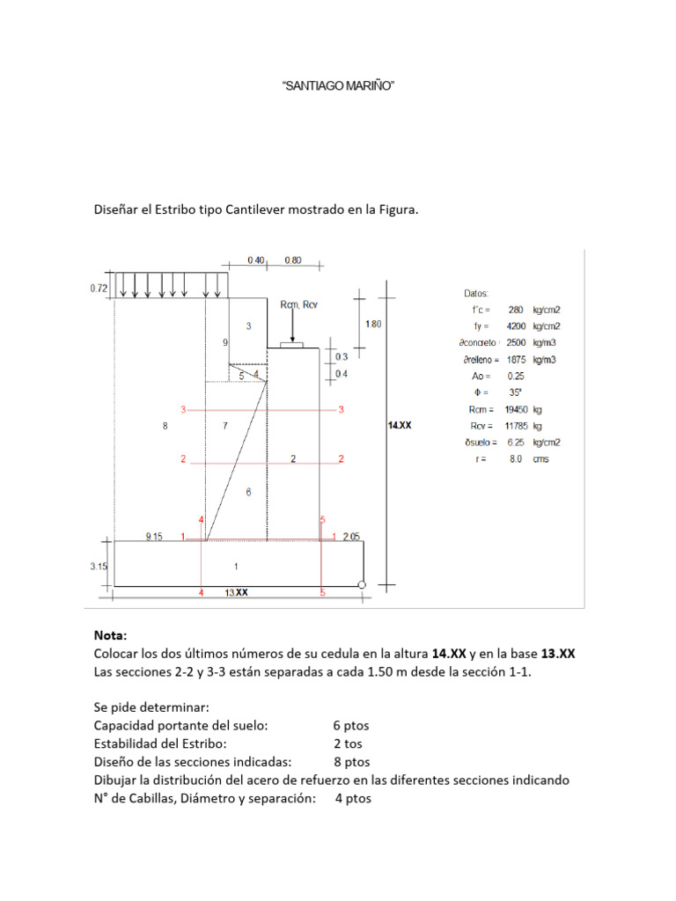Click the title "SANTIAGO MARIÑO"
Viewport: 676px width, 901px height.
pyautogui.click(x=338, y=85)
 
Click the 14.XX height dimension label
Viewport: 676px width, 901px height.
pyautogui.click(x=400, y=425)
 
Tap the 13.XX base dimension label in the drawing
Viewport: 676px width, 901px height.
pyautogui.click(x=236, y=592)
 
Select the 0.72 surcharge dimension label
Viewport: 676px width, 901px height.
pyautogui.click(x=99, y=288)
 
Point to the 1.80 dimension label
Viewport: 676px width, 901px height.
pyautogui.click(x=373, y=324)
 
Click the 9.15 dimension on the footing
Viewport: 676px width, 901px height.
pyautogui.click(x=154, y=536)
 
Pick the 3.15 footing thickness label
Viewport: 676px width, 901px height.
pyautogui.click(x=99, y=566)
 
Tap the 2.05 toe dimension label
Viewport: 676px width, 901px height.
pyautogui.click(x=351, y=536)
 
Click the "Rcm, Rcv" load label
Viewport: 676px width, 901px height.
pyautogui.click(x=299, y=304)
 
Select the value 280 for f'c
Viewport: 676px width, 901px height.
pyautogui.click(x=516, y=310)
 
